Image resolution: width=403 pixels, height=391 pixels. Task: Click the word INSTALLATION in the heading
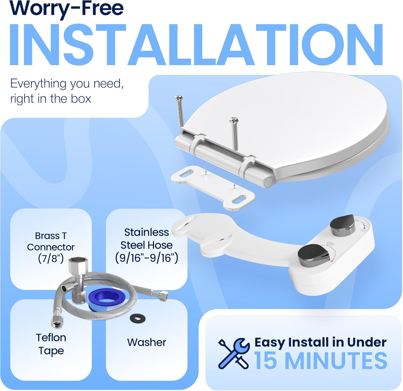click(x=196, y=45)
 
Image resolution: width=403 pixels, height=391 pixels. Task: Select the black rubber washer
click(x=138, y=318)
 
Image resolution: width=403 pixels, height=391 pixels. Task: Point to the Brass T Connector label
click(x=51, y=247)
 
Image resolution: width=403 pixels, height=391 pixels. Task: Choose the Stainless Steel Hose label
click(x=147, y=245)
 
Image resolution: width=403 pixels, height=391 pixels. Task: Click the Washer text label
click(x=147, y=342)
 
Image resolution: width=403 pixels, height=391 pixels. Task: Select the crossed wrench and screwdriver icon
click(x=234, y=353)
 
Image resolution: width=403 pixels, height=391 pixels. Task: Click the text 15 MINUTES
click(x=321, y=360)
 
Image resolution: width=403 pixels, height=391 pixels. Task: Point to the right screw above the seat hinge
click(x=235, y=133)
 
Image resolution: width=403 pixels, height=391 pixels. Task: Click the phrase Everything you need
click(x=67, y=84)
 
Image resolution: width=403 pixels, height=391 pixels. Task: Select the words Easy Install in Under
click(x=321, y=342)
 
